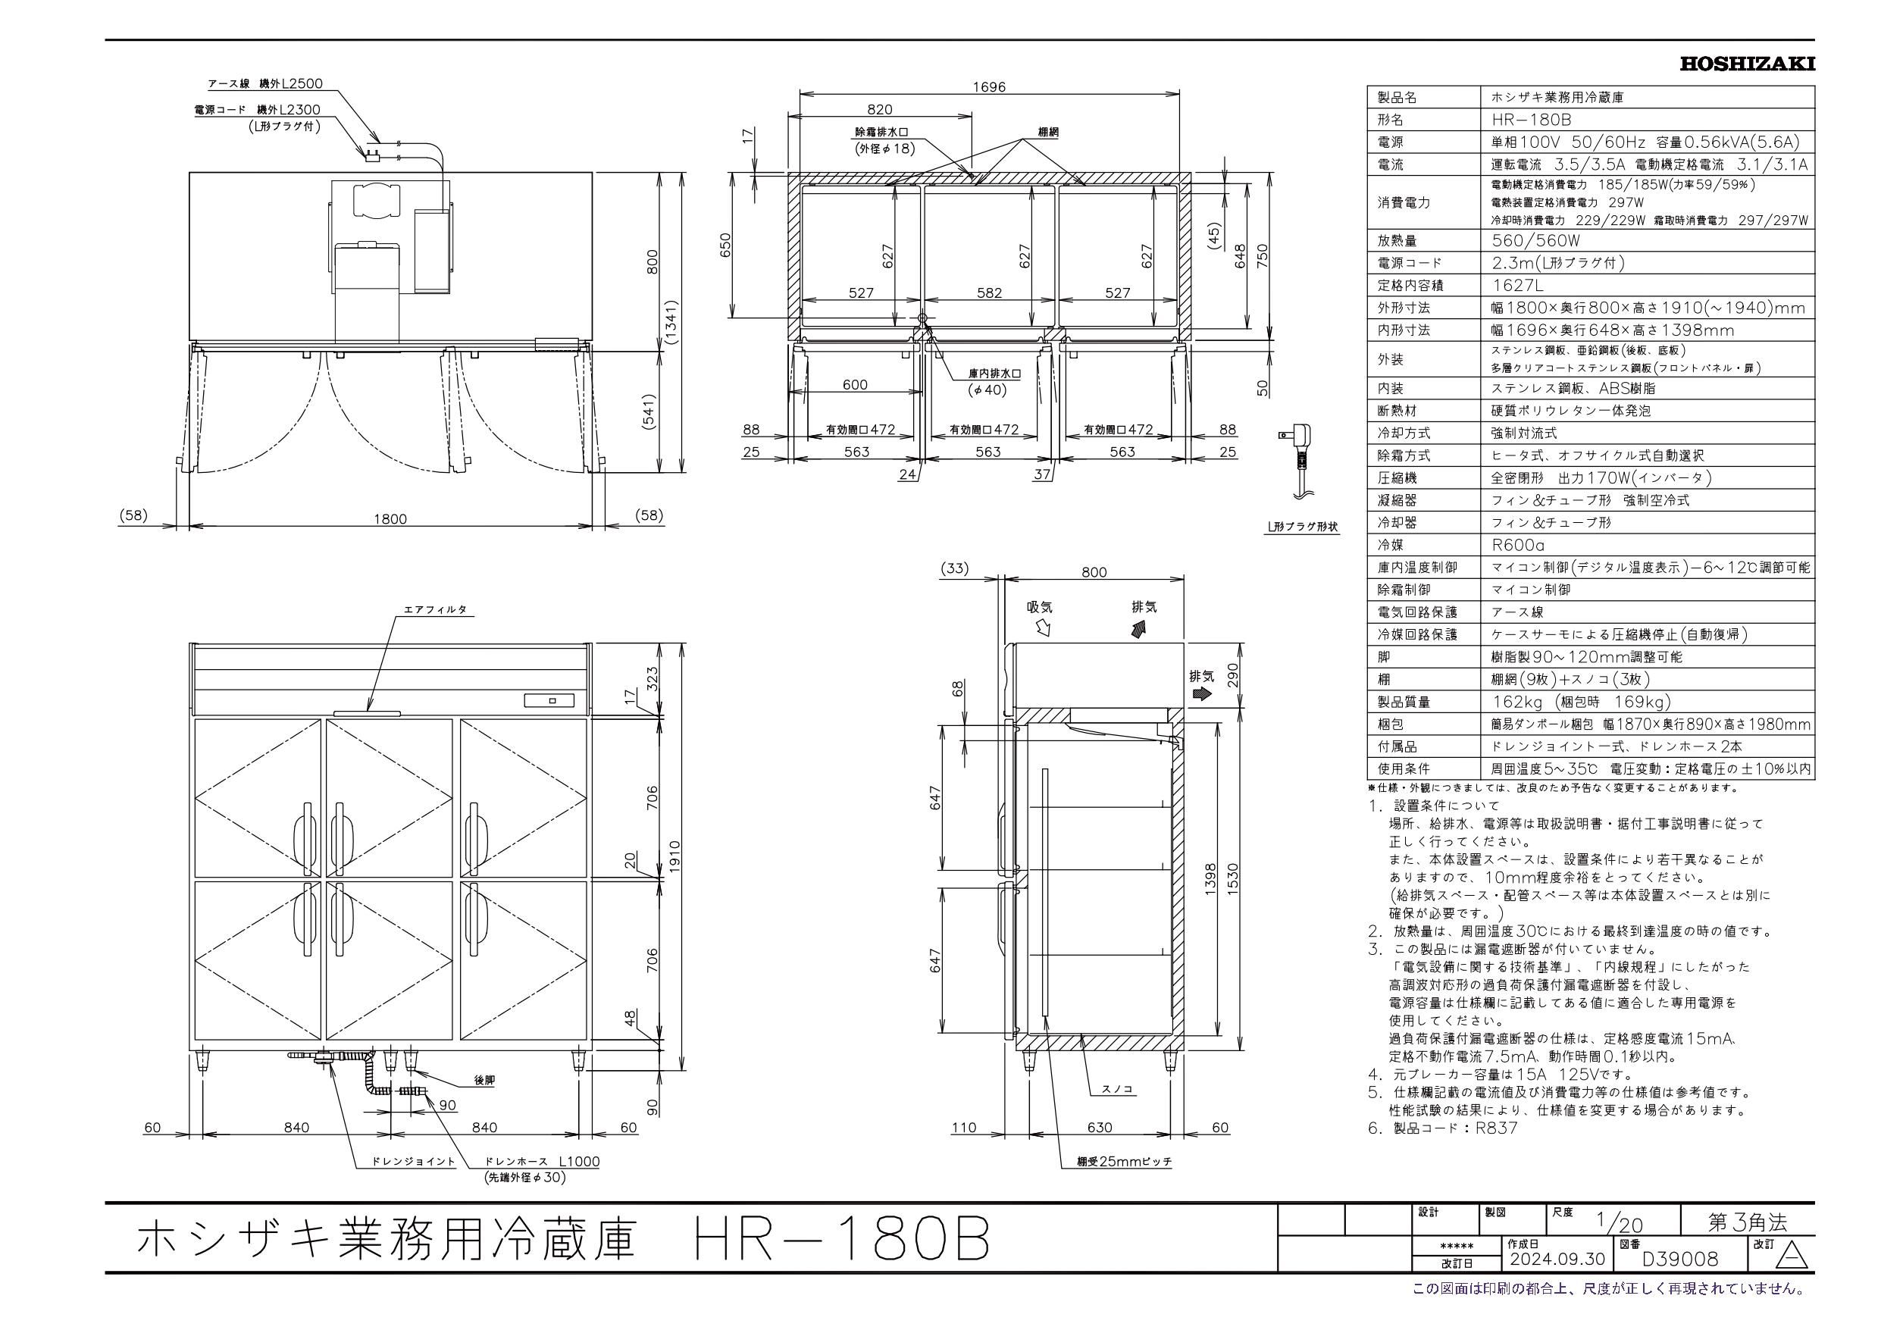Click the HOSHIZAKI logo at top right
click(1747, 64)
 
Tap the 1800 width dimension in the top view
click(390, 518)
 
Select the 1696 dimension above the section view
click(989, 87)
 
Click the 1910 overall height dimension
click(675, 856)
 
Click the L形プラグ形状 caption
click(1302, 527)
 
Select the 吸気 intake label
click(1040, 607)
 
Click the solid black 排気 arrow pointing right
click(1202, 693)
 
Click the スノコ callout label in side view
click(1117, 1090)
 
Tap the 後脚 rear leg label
click(484, 1081)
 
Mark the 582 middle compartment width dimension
click(989, 293)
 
